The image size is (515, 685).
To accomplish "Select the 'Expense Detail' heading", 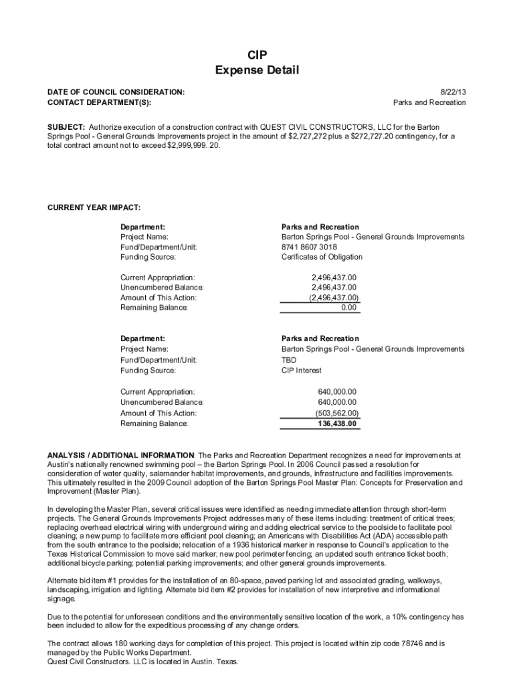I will (257, 70).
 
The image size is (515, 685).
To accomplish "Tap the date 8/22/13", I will (453, 91).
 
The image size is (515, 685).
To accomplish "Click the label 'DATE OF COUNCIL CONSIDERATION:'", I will (116, 91).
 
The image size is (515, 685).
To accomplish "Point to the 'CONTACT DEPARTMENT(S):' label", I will (99, 102).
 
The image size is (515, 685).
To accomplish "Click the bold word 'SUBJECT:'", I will (66, 126).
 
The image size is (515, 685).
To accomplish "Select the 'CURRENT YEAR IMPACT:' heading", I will (94, 207).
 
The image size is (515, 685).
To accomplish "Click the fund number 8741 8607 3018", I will (309, 247).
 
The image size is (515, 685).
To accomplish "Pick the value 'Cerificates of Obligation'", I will (322, 257).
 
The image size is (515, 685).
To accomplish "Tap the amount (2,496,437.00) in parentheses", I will (334, 298).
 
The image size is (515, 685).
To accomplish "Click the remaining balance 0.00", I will (348, 308).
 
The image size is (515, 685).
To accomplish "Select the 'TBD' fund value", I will (289, 360).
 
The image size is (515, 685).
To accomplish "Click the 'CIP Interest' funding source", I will (301, 371).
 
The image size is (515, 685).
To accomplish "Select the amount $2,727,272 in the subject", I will (310, 136).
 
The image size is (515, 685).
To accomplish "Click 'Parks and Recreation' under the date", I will (429, 102).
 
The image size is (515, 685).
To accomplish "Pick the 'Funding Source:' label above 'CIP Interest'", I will (148, 371).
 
